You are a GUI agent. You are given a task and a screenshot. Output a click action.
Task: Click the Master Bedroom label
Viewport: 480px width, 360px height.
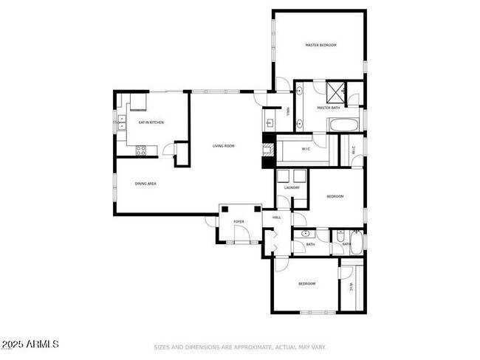click(320, 46)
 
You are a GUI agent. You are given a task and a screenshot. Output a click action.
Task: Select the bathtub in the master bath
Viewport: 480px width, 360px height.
click(343, 125)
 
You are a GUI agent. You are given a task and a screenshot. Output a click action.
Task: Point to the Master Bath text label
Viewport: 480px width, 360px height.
click(328, 108)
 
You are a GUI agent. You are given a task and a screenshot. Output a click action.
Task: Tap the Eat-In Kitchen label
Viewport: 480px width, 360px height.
click(151, 122)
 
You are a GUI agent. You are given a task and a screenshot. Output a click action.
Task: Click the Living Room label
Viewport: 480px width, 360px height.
click(223, 146)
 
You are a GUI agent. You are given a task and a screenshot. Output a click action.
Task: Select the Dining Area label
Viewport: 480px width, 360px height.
click(145, 183)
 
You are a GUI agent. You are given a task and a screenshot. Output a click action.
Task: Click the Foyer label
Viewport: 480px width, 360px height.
click(239, 221)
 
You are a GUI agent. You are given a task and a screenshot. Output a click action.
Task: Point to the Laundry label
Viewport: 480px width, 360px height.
click(291, 188)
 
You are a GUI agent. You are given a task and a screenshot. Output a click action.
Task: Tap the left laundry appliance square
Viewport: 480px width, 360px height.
click(283, 176)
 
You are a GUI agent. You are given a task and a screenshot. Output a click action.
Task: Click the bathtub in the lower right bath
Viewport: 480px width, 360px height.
click(357, 243)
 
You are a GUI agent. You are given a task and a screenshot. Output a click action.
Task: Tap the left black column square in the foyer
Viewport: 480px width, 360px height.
click(223, 210)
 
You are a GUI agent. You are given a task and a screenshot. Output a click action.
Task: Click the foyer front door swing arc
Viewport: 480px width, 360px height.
click(241, 236)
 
